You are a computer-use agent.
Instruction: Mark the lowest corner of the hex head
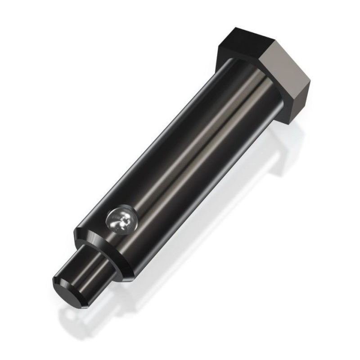(288, 122)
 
